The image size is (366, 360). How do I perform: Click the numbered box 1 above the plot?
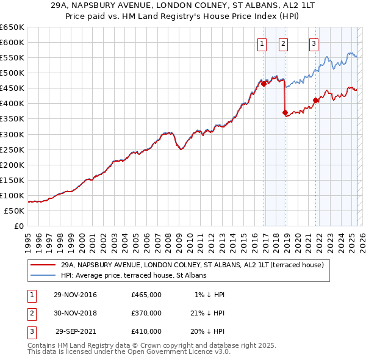262,43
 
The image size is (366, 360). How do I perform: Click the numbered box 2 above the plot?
284,43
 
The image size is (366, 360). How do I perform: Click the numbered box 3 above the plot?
314,43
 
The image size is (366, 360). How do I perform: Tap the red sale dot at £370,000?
285,112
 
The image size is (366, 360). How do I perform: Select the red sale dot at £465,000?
264,84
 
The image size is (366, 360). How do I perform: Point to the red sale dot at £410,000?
316,100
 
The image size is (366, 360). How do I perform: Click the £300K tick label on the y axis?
12,134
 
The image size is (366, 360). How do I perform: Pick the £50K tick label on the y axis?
15,211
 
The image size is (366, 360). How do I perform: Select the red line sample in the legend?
43,265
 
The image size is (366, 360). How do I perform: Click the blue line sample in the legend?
43,275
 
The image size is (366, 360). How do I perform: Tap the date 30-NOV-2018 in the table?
75,313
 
